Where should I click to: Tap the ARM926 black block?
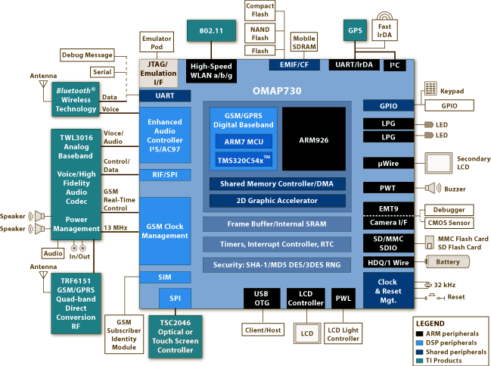pos(313,139)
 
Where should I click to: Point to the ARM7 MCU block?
pos(244,142)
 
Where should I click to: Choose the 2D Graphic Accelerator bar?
pos(277,201)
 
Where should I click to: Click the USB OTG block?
pos(261,299)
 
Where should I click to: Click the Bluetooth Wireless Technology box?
pos(76,99)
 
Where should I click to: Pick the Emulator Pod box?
pos(157,42)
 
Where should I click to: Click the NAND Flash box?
pos(259,33)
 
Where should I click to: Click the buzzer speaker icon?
pos(431,188)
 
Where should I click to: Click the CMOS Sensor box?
pos(449,223)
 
